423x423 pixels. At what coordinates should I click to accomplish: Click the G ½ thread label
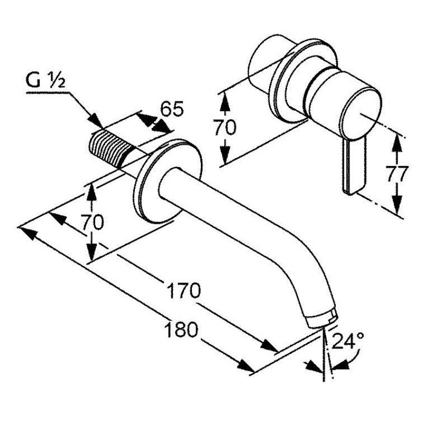tap(45, 80)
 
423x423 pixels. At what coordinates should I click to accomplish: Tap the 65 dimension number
tap(172, 109)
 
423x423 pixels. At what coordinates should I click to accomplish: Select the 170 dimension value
tap(184, 290)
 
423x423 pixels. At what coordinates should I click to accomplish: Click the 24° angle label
tap(348, 341)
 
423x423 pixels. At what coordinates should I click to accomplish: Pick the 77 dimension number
tap(395, 174)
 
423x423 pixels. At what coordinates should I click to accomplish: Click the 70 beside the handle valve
tap(225, 127)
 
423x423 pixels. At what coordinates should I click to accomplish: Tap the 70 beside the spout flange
tap(93, 222)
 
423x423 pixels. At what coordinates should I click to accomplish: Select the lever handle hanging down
tap(354, 166)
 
